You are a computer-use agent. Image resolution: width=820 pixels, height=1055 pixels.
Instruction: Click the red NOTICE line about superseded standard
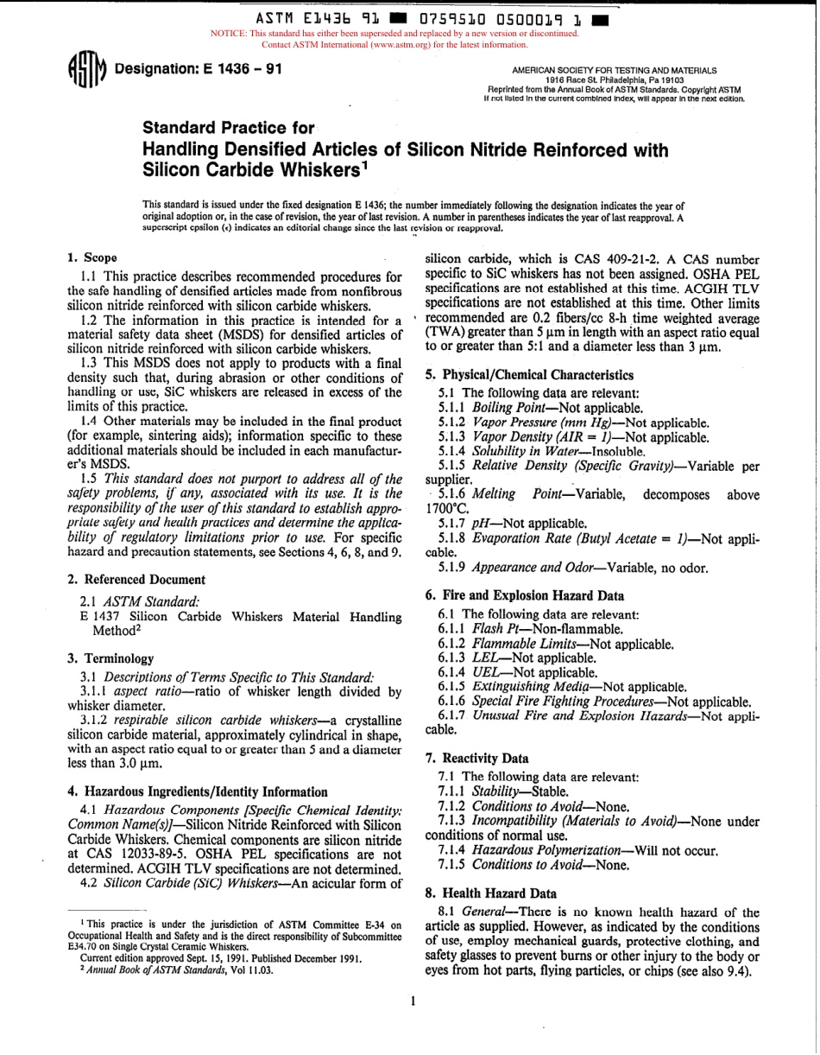point(394,34)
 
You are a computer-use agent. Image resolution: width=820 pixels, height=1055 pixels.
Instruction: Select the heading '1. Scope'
point(92,258)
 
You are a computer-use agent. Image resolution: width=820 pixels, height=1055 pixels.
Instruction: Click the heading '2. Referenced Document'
point(136,580)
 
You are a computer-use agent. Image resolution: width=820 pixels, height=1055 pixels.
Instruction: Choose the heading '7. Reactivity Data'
point(477,759)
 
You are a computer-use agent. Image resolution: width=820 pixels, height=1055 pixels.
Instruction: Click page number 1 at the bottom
point(413,1001)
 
